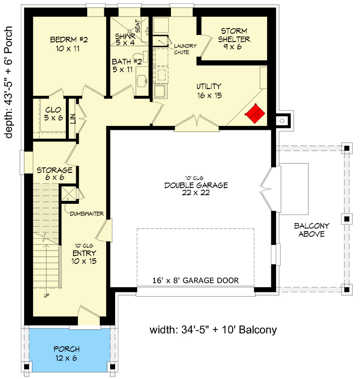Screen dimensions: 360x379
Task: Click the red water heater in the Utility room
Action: click(x=255, y=113)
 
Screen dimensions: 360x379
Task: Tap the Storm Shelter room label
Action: click(x=234, y=39)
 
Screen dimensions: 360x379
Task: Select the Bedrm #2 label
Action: click(x=68, y=44)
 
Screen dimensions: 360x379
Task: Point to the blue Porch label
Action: click(x=66, y=353)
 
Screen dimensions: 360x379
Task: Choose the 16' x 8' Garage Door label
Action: click(x=196, y=280)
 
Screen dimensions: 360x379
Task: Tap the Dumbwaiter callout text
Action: click(x=87, y=214)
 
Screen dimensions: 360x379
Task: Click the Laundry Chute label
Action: click(x=185, y=49)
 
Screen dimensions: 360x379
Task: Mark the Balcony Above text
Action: click(x=312, y=230)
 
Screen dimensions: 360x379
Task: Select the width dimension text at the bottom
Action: click(x=213, y=330)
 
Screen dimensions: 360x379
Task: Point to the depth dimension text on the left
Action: click(x=9, y=82)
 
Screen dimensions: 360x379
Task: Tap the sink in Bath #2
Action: click(x=142, y=80)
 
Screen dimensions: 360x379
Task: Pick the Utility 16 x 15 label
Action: click(x=209, y=91)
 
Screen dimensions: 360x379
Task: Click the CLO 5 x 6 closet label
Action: click(x=54, y=114)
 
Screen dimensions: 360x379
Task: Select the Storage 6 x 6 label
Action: click(x=54, y=173)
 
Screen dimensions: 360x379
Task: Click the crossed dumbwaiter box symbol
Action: click(x=68, y=193)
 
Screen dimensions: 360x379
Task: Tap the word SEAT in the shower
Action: click(x=137, y=26)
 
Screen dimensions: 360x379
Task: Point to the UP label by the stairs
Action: click(x=46, y=295)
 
